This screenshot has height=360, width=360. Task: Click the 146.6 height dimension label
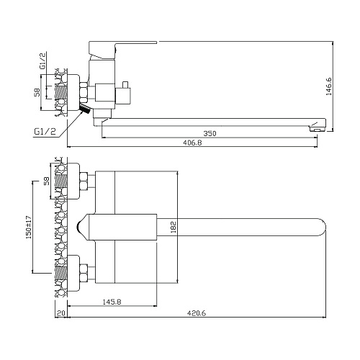329,86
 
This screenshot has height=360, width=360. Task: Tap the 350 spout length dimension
210,133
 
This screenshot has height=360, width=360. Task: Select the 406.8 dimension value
192,143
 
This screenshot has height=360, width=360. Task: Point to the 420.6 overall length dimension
197,313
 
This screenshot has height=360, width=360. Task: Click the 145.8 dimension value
112,302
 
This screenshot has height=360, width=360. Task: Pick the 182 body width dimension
174,227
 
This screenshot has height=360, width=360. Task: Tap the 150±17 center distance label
29,227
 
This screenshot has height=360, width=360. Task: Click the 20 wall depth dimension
61,313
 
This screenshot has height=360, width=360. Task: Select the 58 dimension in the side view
37,92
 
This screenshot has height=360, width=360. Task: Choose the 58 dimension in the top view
47,181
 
